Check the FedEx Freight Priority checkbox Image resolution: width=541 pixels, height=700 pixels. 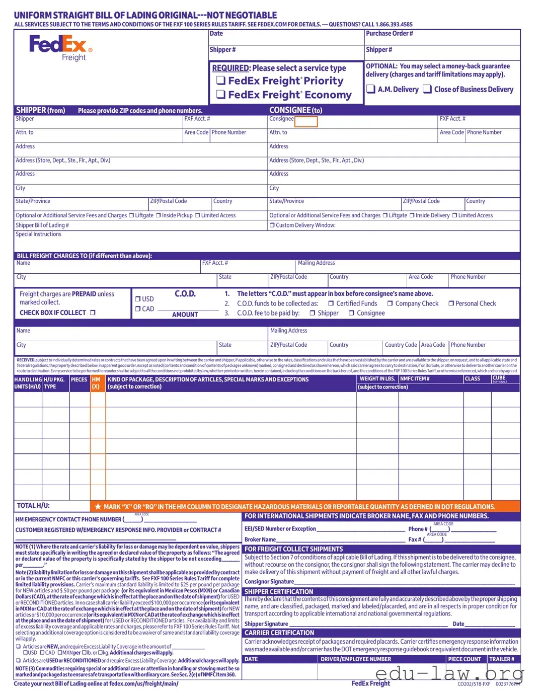(220, 81)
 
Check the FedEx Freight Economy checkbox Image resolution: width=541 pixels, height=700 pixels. (220, 95)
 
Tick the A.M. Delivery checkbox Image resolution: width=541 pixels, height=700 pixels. (371, 89)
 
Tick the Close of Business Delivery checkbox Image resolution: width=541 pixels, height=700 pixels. (427, 89)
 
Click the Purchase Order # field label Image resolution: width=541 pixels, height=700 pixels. (389, 34)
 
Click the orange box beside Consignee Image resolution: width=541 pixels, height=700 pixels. (306, 121)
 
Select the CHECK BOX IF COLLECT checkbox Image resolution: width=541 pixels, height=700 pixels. (93, 313)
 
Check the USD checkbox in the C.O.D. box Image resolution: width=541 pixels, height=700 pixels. (138, 299)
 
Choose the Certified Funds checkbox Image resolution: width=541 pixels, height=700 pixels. (331, 303)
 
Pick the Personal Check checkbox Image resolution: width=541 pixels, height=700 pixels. (451, 303)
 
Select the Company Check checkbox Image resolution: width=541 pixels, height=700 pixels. (390, 303)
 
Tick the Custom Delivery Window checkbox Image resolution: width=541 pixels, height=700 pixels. (272, 225)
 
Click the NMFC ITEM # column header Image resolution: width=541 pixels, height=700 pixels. (415, 379)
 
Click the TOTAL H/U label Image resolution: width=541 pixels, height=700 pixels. (33, 506)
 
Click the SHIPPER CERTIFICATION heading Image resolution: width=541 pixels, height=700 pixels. (279, 592)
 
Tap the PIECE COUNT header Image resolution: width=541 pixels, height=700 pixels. (465, 659)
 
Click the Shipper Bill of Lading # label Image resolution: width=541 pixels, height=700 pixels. (42, 225)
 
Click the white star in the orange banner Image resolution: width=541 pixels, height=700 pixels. (99, 507)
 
